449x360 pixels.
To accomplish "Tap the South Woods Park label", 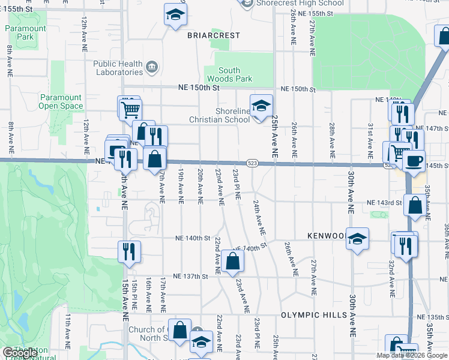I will tap(229, 74).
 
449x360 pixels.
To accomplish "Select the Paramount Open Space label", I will tap(61, 102).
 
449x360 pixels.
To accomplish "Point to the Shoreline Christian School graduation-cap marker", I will tap(261, 107).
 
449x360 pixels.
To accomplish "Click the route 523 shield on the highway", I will tap(253, 163).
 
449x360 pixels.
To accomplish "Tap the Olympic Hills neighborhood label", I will tap(312, 315).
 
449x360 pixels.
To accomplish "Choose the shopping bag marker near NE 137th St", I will tap(232, 262).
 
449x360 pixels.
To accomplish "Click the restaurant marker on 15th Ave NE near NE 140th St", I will tap(128, 251).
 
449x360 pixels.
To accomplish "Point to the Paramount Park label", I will tap(26, 32).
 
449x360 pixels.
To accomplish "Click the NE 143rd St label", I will tap(384, 203).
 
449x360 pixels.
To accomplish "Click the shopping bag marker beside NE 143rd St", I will tap(415, 205).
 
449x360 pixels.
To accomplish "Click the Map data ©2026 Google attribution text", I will tap(412, 355).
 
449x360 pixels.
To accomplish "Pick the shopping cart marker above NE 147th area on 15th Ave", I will tap(130, 109).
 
